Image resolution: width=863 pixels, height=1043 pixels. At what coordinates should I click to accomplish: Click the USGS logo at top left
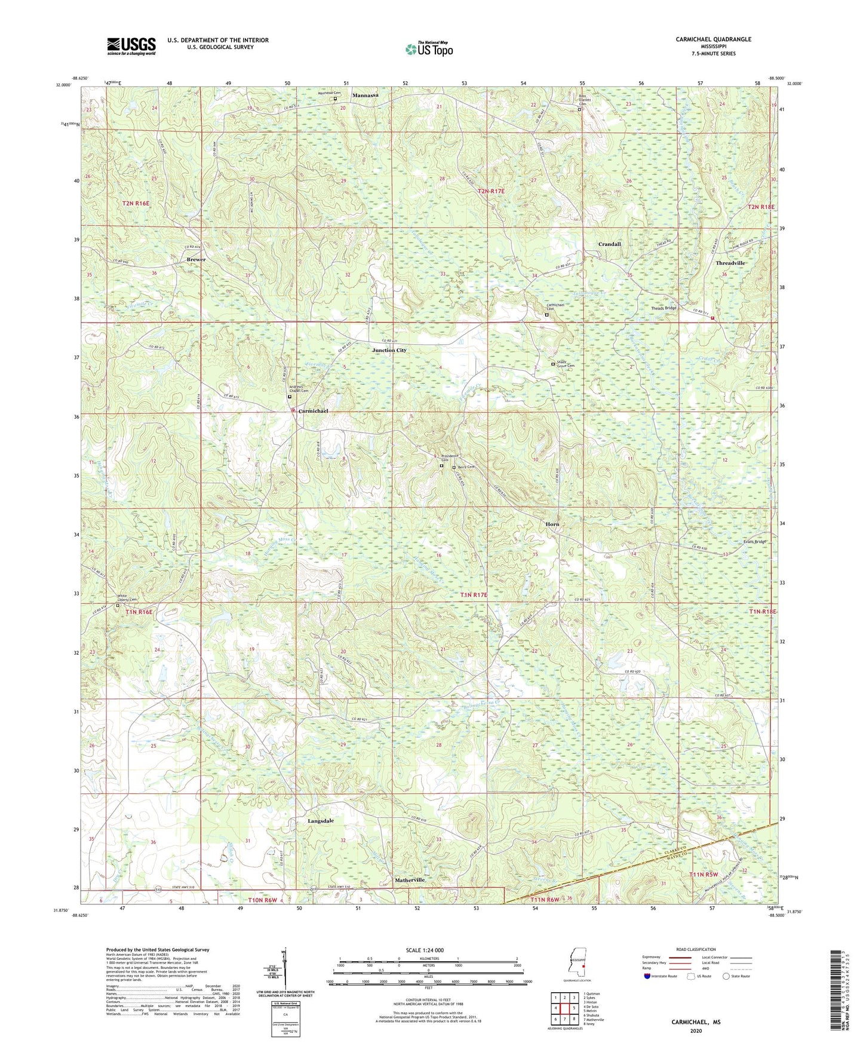pyautogui.click(x=131, y=45)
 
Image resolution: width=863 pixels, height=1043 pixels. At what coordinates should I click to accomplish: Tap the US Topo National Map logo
pyautogui.click(x=428, y=49)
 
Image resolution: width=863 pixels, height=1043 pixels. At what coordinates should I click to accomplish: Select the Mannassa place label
pyautogui.click(x=366, y=96)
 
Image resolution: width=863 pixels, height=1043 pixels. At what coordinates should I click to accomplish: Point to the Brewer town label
pyautogui.click(x=196, y=259)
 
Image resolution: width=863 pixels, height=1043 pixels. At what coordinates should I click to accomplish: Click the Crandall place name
pyautogui.click(x=610, y=244)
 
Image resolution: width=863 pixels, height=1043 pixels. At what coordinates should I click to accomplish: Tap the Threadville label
pyautogui.click(x=730, y=263)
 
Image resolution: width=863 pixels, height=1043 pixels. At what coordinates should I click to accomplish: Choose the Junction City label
pyautogui.click(x=389, y=350)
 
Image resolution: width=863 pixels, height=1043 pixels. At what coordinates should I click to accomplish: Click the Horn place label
pyautogui.click(x=552, y=524)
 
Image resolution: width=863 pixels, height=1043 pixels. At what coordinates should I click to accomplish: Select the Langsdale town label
pyautogui.click(x=321, y=821)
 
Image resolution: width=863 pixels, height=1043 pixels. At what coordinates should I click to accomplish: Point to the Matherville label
pyautogui.click(x=410, y=880)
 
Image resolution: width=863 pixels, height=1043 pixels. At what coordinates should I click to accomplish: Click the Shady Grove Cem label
pyautogui.click(x=565, y=364)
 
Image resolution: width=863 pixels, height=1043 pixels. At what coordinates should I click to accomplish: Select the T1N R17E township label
pyautogui.click(x=474, y=595)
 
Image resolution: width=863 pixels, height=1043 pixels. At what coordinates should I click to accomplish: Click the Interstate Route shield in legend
pyautogui.click(x=647, y=976)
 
